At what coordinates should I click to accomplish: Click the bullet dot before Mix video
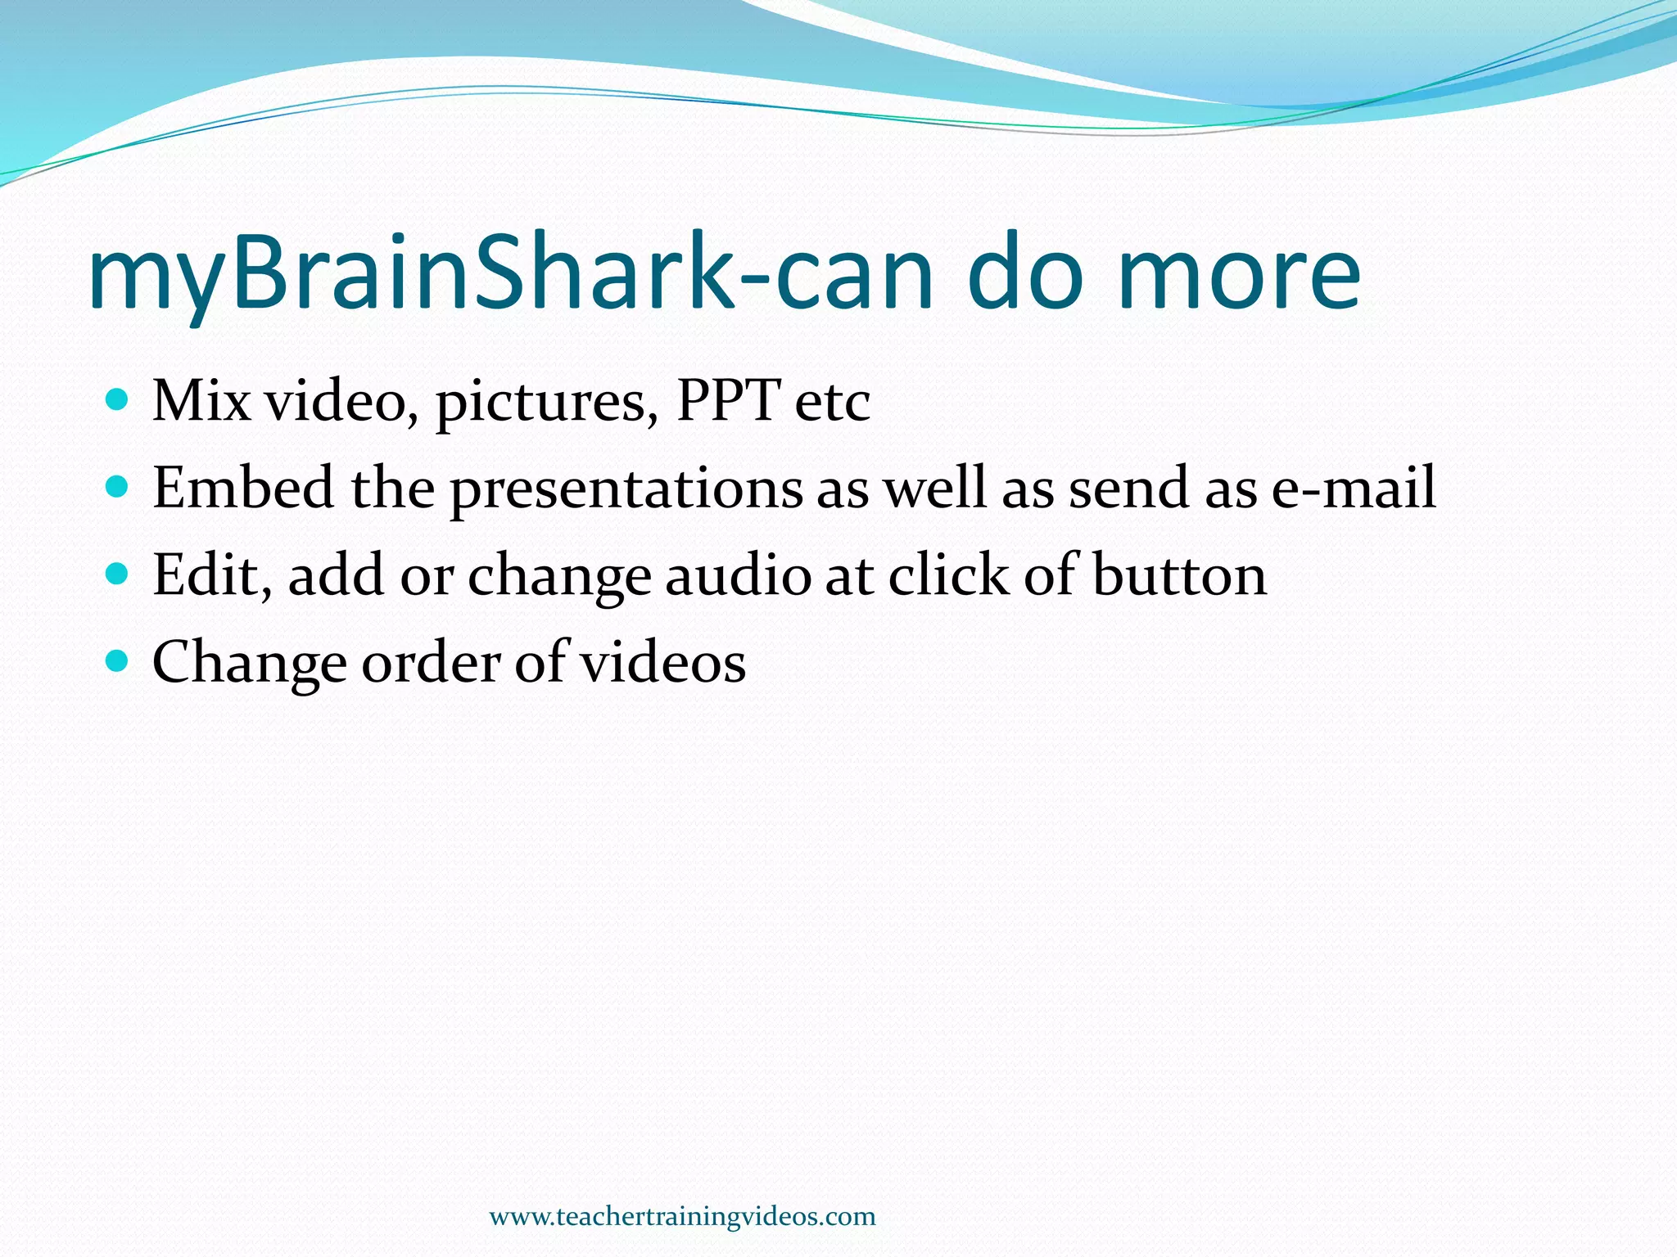click(118, 400)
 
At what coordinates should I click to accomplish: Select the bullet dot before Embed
click(118, 488)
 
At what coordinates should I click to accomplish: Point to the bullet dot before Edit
click(118, 574)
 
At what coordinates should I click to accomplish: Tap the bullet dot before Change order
click(118, 661)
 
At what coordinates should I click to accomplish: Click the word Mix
click(201, 401)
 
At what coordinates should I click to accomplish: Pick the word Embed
click(243, 488)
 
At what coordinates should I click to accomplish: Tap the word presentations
click(626, 489)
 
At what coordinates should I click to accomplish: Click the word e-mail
click(1353, 488)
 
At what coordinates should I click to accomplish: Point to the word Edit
click(211, 574)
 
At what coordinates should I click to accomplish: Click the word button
click(1179, 574)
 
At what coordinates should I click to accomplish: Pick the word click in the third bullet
click(948, 574)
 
